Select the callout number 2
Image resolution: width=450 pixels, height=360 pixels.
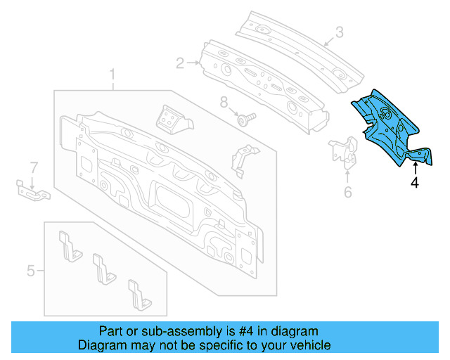(180, 64)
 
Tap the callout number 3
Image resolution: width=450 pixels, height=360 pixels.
(339, 32)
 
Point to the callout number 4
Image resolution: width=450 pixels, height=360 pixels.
(415, 183)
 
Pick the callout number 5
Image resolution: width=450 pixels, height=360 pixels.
(31, 270)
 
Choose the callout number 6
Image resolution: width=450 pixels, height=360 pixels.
(347, 192)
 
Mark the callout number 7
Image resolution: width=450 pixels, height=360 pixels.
(32, 167)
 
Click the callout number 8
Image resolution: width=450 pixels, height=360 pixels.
(224, 103)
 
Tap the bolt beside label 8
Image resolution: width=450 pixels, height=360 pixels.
(246, 119)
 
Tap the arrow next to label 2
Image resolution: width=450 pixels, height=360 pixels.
(194, 64)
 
